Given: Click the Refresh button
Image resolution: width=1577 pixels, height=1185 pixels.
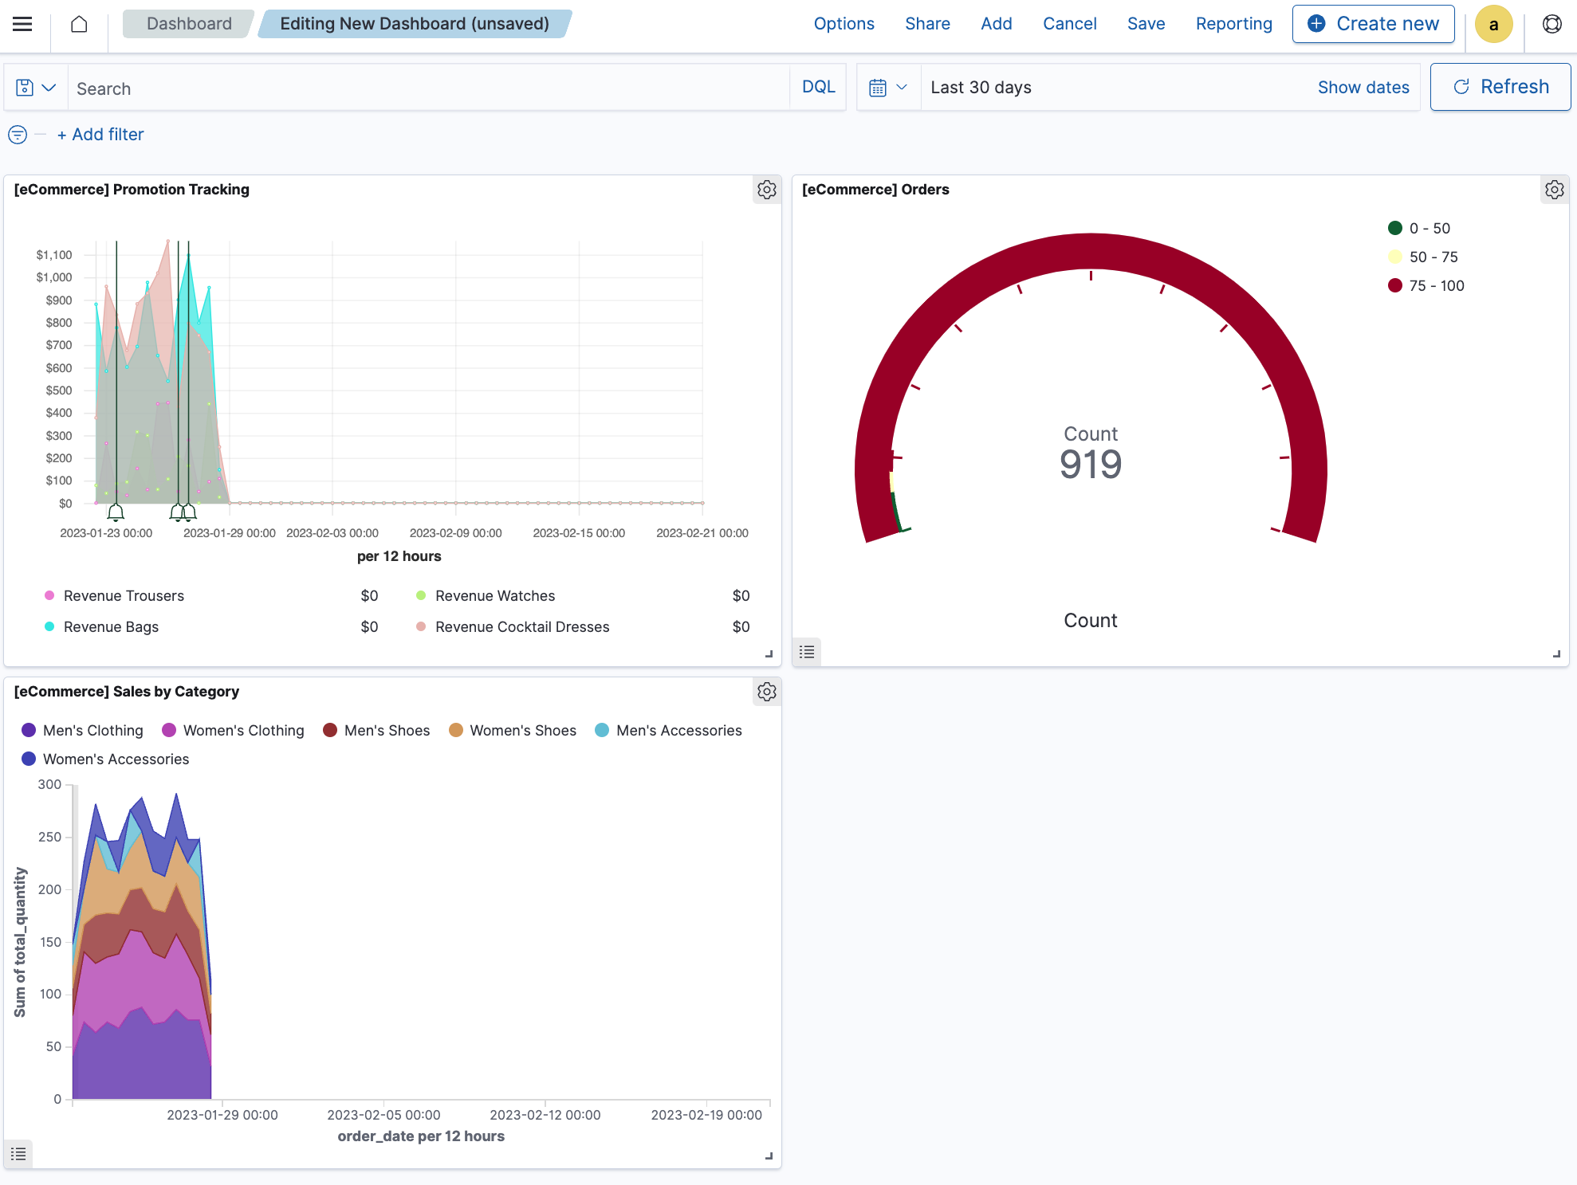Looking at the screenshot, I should coord(1500,87).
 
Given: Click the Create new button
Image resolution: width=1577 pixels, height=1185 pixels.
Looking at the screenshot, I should coord(1373,24).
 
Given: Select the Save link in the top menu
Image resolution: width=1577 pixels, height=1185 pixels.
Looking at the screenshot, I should coord(1146,24).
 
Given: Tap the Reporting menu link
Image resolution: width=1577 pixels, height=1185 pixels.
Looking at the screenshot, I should coord(1233,24).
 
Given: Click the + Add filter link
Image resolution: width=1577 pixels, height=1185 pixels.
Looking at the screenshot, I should coord(100,135).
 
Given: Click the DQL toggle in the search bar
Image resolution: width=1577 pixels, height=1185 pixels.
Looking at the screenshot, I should coord(818,87).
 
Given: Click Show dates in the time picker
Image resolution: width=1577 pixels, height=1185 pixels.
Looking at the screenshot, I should coord(1363,88).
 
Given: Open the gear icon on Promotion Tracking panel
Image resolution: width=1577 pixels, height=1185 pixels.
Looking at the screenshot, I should coord(766,190).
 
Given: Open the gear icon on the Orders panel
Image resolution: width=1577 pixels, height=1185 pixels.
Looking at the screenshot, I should coord(1554,190).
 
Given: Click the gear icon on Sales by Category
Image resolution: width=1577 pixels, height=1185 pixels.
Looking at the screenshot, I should coord(766,692).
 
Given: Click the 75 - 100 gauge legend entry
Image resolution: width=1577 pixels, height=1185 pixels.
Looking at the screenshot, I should coord(1436,285).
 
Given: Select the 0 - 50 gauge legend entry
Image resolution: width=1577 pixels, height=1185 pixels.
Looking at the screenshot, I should coord(1429,229).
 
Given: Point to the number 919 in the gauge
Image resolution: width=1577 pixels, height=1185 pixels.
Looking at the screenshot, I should coord(1090,465).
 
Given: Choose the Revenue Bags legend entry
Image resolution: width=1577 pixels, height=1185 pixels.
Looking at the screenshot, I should coord(111,627).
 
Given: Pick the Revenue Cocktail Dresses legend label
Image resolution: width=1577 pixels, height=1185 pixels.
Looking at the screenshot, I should coord(521,627).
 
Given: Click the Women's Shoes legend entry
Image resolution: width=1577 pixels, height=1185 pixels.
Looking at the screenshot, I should coord(522,731).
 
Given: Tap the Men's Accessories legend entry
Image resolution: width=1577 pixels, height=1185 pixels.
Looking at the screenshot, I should coord(678,731).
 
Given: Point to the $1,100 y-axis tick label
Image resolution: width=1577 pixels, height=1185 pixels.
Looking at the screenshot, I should coord(54,255).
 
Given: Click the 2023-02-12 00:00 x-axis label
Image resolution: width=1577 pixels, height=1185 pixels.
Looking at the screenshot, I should coord(545,1115).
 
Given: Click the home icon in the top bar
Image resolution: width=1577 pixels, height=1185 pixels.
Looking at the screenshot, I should coord(79,24).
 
